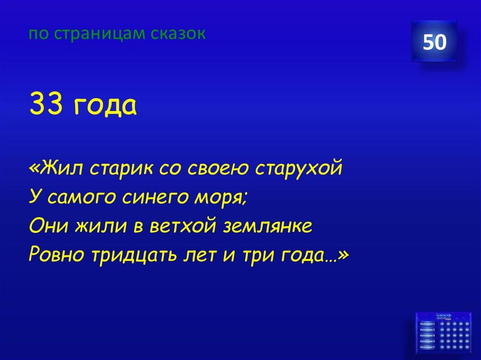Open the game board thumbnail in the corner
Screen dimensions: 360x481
(435, 334)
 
